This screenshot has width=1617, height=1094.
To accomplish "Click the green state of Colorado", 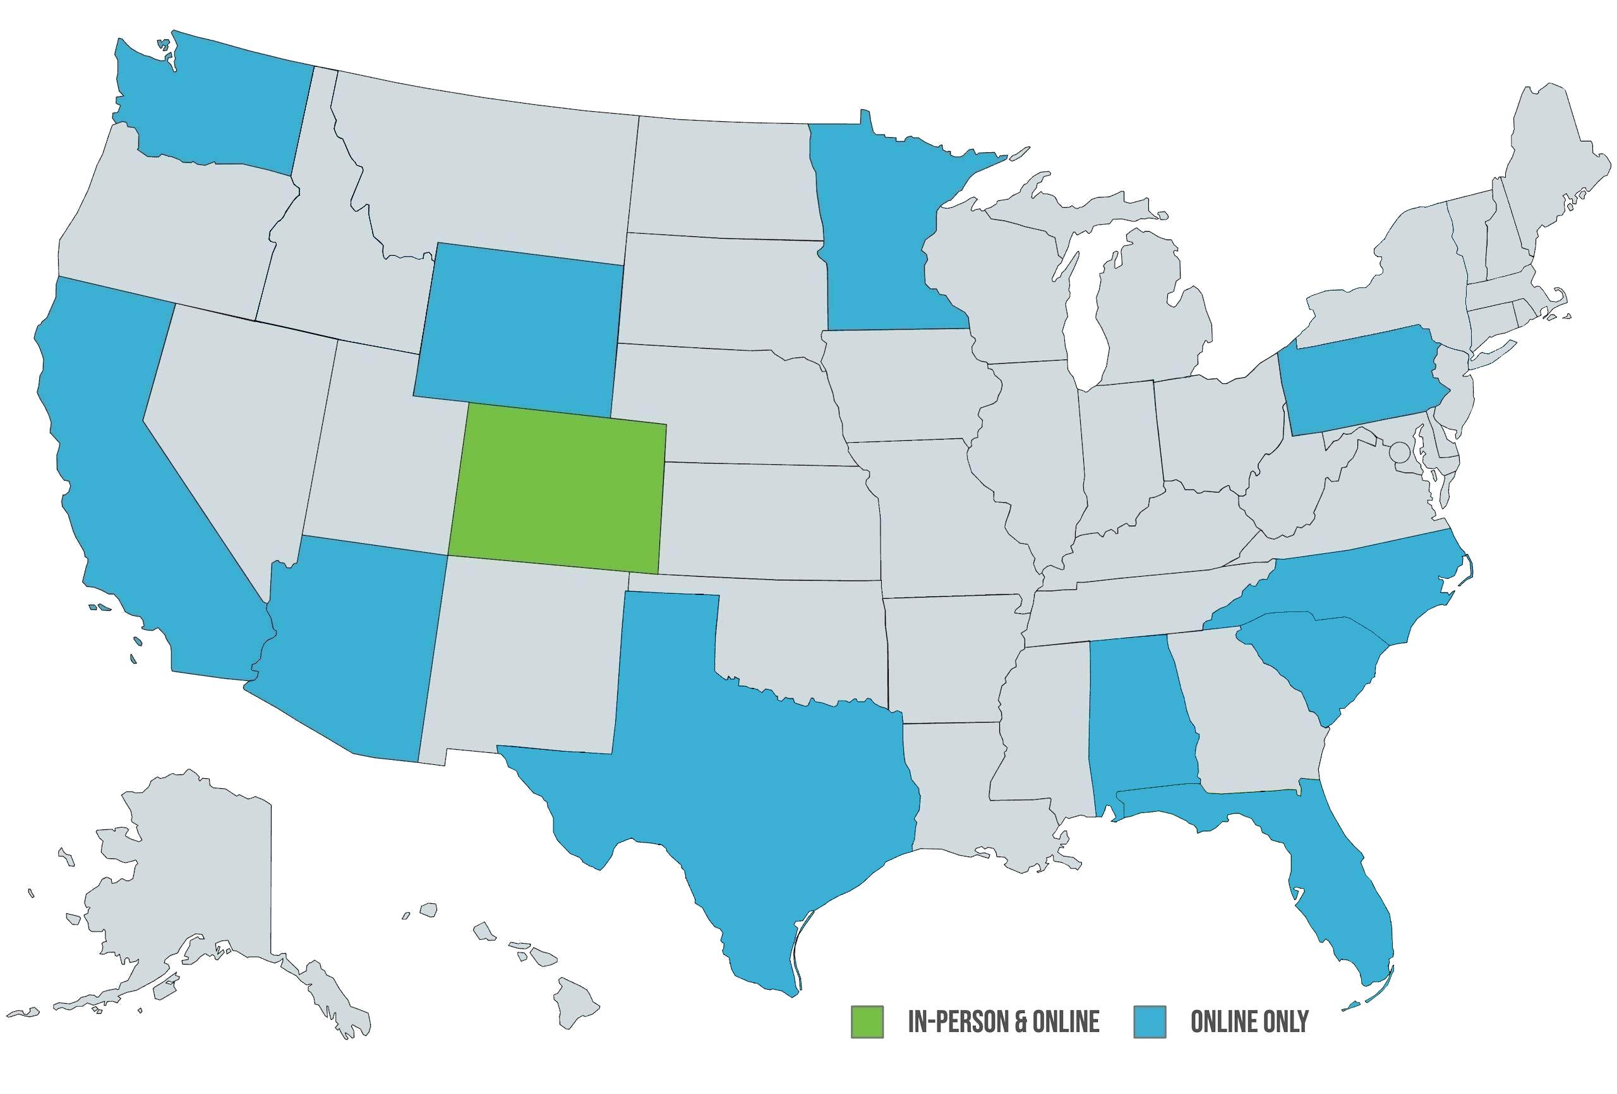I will click(x=556, y=487).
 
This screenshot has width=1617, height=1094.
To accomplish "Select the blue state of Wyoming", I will click(x=519, y=327).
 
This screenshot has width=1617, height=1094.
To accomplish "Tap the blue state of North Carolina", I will click(x=1364, y=584).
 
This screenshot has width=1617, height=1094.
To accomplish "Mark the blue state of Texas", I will click(x=752, y=779).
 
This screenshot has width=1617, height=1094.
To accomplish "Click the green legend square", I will click(x=867, y=1021).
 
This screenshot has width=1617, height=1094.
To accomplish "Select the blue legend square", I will click(x=1150, y=1021).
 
